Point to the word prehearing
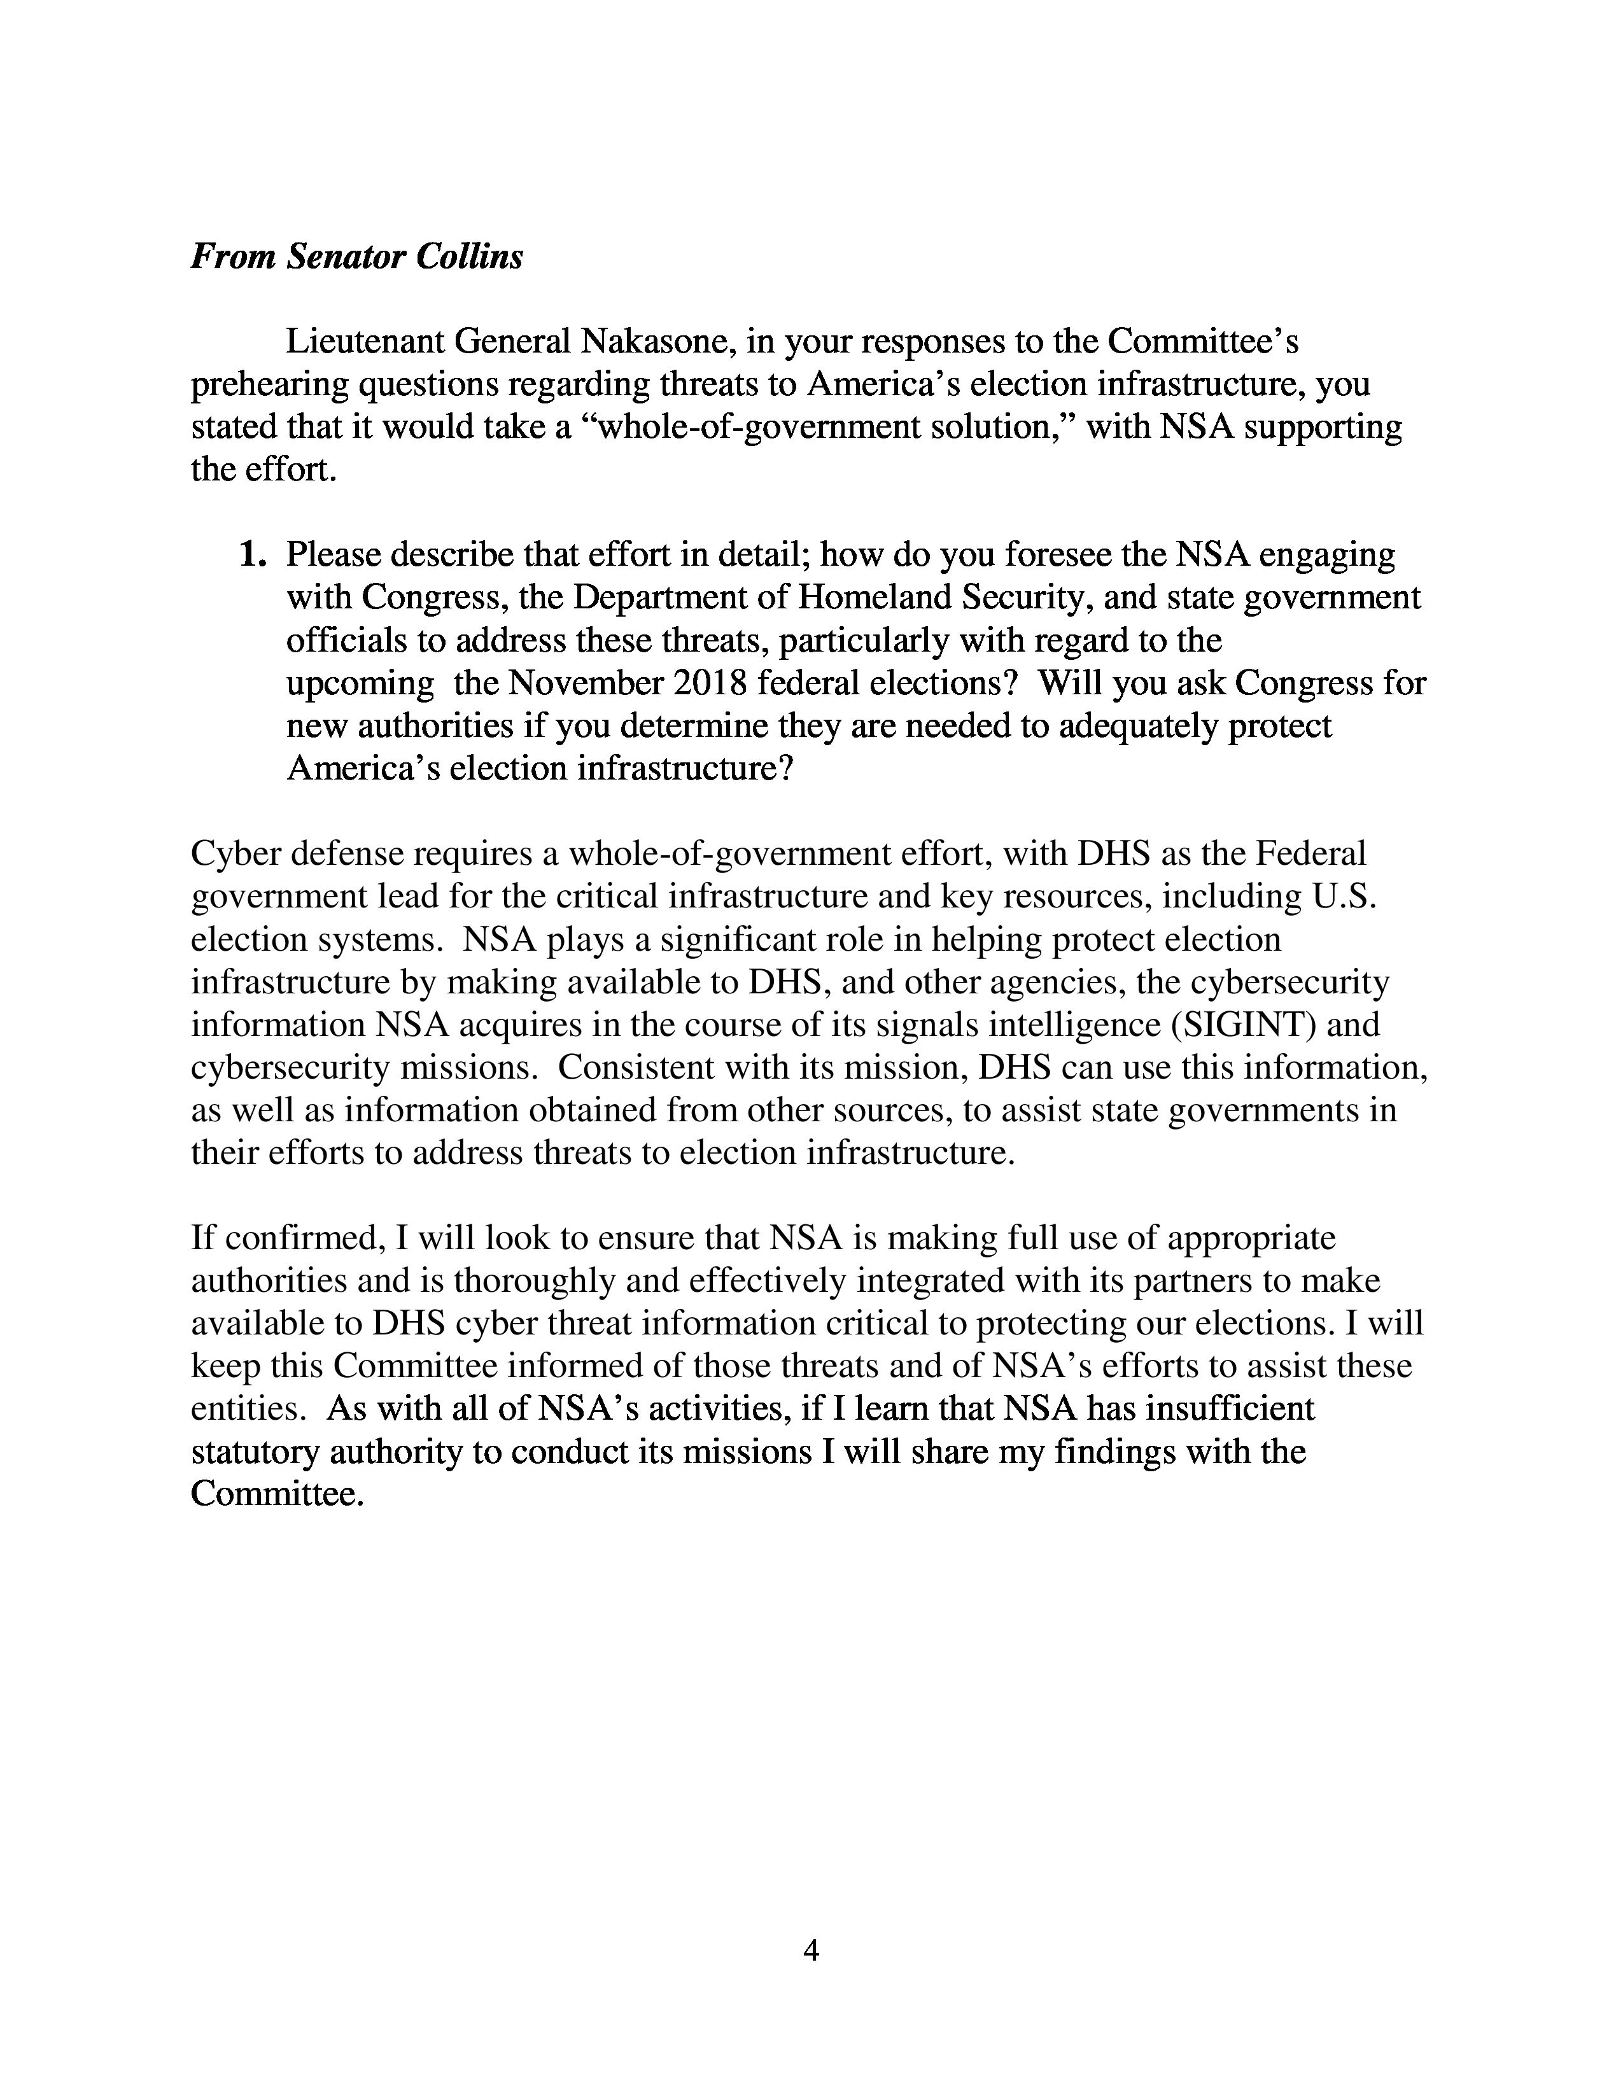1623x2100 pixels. click(x=270, y=384)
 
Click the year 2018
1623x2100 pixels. click(x=710, y=683)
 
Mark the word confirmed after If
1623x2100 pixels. click(x=296, y=1238)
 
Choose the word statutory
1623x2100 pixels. click(x=255, y=1452)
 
